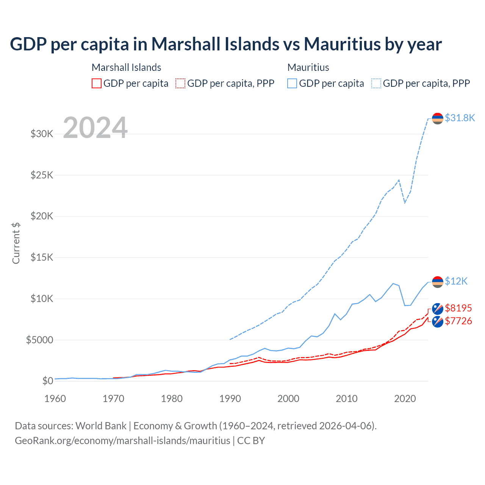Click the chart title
pos(226,44)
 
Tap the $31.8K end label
pos(460,118)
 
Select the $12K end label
pos(456,281)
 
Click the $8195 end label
pos(458,308)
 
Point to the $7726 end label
pos(458,321)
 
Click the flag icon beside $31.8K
pos(438,118)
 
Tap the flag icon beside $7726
pos(438,322)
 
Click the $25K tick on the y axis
pos(42,175)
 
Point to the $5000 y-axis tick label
pos(39,340)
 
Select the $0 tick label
pos(47,381)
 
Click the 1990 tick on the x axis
pos(230,399)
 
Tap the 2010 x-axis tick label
pos(347,399)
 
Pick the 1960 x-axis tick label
pos(55,399)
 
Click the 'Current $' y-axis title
pos(16,243)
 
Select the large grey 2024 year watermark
pos(95,128)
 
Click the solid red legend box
pos(97,83)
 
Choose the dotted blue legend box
pos(376,83)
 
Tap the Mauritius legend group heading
pos(308,67)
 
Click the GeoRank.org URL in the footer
pos(122,441)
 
